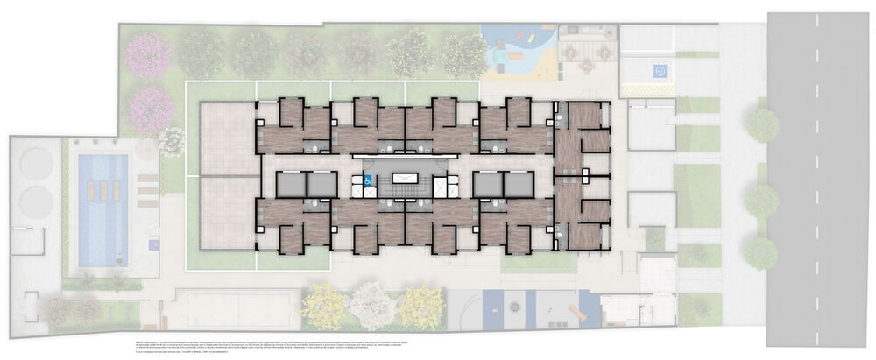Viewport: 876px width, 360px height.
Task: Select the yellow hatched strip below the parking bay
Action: [648, 89]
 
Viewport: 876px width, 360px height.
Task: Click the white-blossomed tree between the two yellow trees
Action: [372, 306]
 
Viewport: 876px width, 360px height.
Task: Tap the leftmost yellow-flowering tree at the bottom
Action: [324, 307]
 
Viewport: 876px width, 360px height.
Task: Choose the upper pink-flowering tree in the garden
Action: [151, 53]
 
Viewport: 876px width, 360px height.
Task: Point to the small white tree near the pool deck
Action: [172, 140]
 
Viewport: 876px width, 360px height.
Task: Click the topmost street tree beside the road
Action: [763, 125]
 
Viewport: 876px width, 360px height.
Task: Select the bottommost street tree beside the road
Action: [761, 252]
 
